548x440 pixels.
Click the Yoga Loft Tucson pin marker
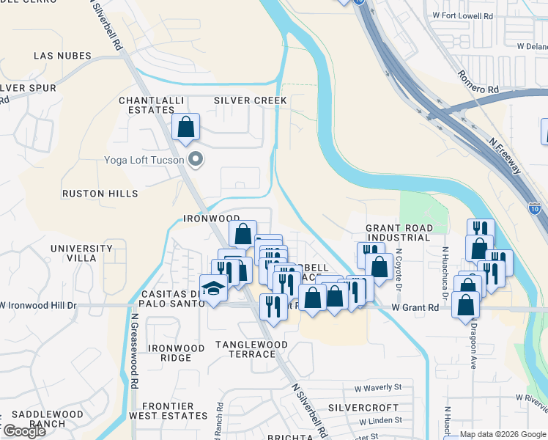[195, 159]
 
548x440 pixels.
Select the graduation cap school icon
[212, 287]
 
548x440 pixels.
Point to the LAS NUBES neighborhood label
[62, 56]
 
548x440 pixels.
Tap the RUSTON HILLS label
[100, 194]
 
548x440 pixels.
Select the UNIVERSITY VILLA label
[81, 254]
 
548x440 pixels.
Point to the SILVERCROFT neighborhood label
[363, 407]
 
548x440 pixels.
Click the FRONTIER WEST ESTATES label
[168, 411]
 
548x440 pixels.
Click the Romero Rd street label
[478, 82]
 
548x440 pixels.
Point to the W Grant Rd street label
[415, 308]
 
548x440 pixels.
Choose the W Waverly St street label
[378, 387]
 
